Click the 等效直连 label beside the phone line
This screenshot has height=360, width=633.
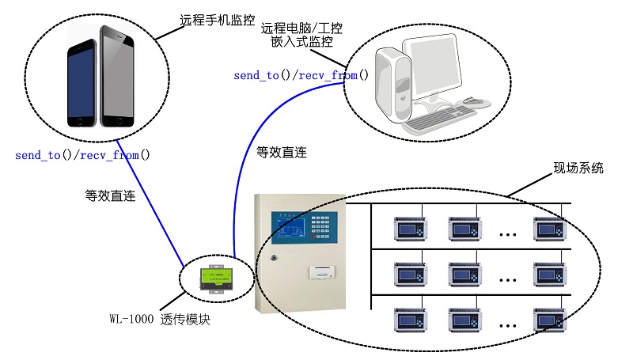click(108, 193)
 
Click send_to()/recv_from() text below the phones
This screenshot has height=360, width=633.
click(82, 155)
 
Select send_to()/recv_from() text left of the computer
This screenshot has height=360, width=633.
click(301, 76)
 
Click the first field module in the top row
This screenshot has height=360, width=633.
click(411, 229)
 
